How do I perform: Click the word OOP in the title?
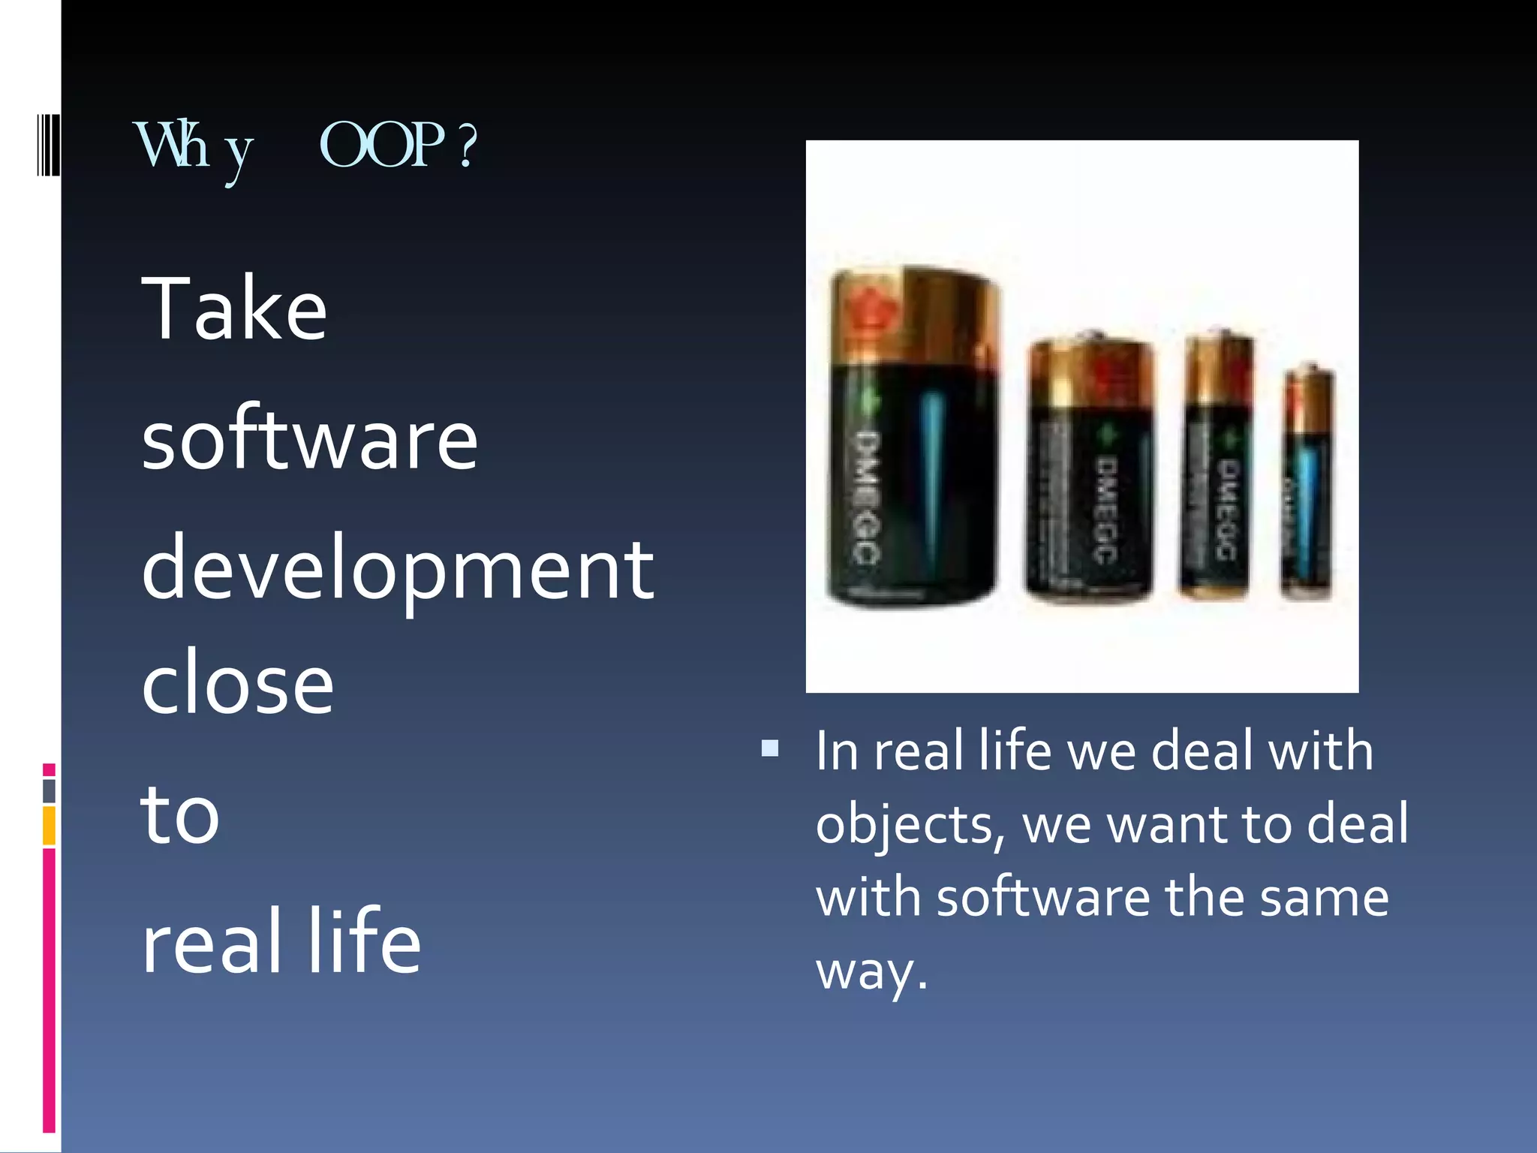381,145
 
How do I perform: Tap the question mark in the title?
467,146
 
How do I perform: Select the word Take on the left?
234,309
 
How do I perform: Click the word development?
398,570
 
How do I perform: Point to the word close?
237,683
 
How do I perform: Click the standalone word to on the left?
180,814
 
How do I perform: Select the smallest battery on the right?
1307,484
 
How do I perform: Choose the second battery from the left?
1090,469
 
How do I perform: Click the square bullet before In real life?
769,748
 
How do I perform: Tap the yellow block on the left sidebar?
49,826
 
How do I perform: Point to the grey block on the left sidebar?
49,791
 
